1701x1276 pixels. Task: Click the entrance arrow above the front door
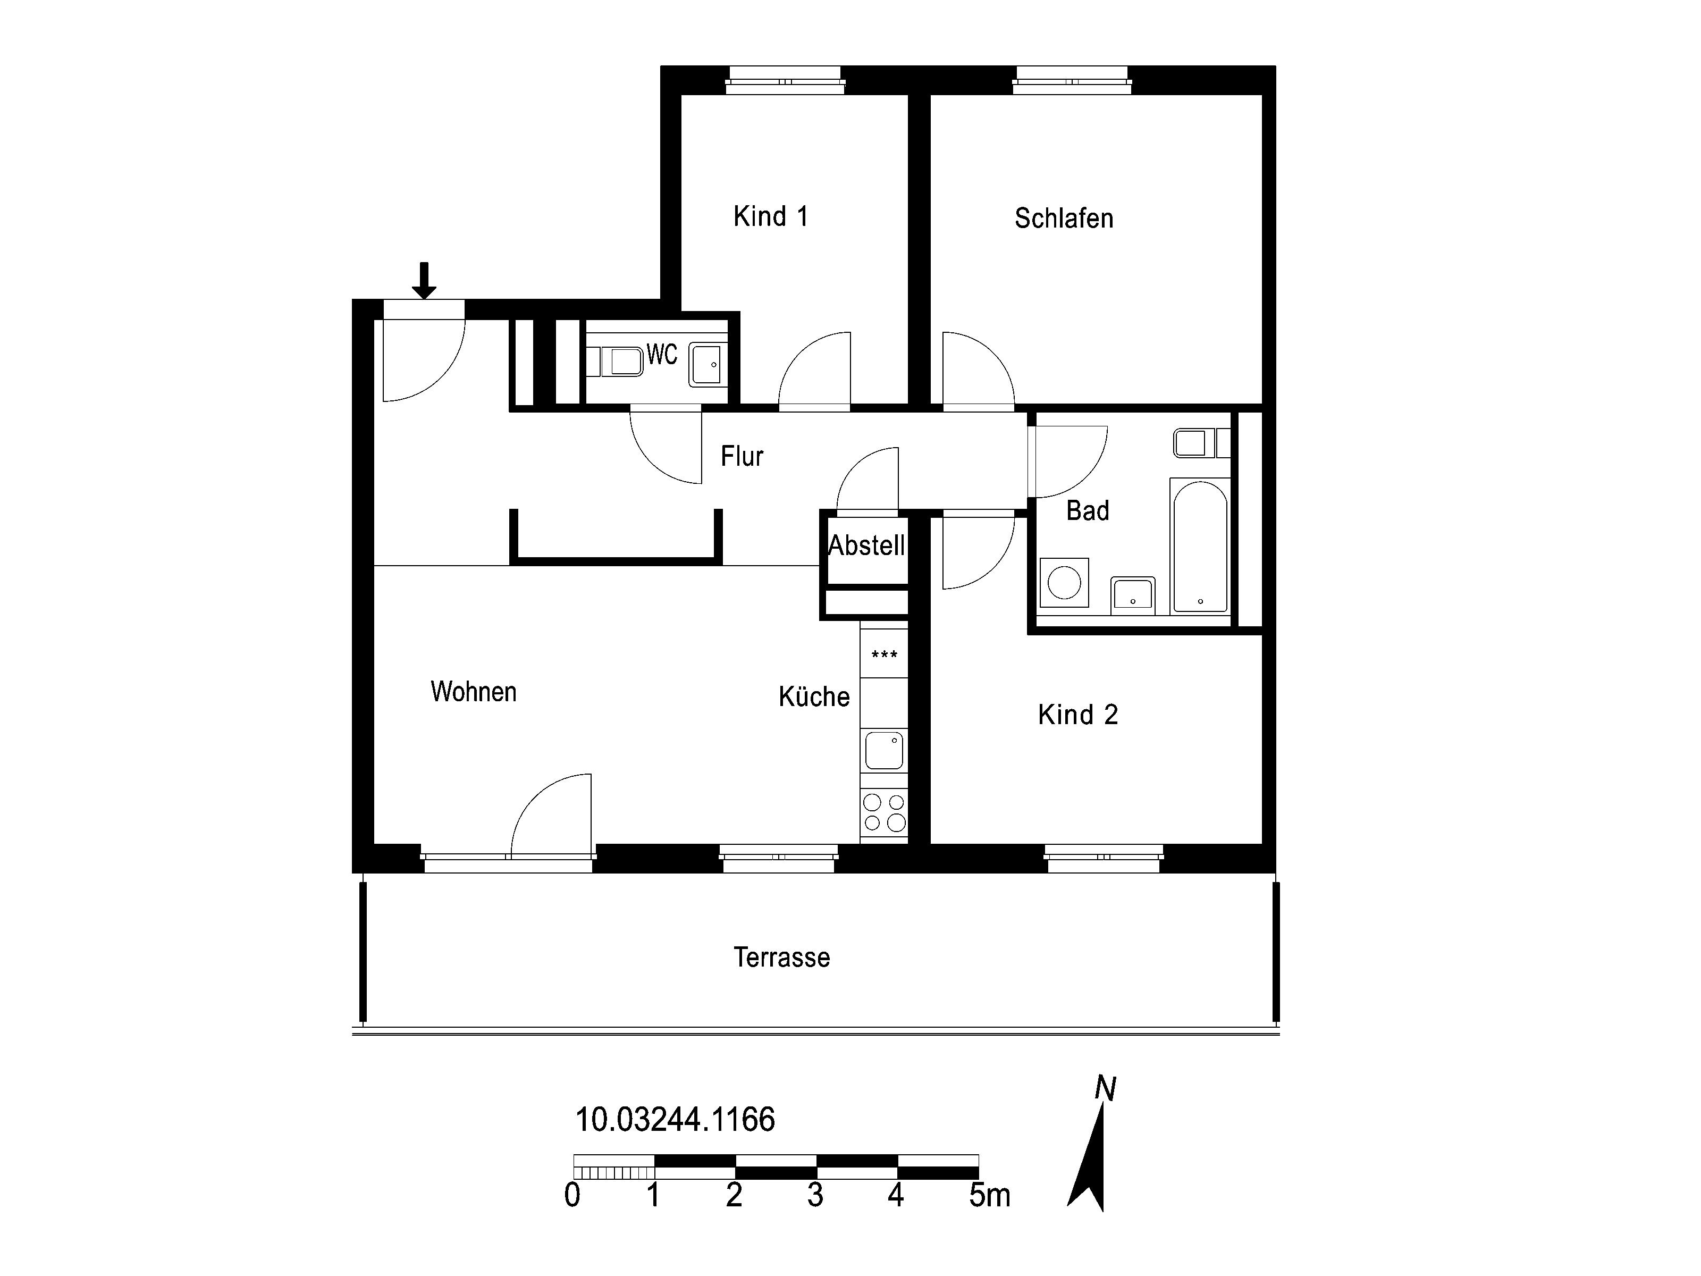click(x=424, y=281)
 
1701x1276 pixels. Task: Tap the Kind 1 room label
click(x=771, y=216)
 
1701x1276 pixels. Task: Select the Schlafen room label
click(x=1064, y=219)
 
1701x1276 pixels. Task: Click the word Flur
click(x=742, y=456)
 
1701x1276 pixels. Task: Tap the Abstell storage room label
click(x=866, y=545)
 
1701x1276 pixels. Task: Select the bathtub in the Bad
click(x=1200, y=546)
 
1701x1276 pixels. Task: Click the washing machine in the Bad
click(x=1064, y=583)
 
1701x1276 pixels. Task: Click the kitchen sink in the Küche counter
click(x=885, y=751)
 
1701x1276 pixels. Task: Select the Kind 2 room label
click(x=1077, y=715)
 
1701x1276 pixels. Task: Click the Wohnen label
click(x=474, y=692)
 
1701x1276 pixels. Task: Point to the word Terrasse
click(x=781, y=958)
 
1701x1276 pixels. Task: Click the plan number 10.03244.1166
click(x=675, y=1120)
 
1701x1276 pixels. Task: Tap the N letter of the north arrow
click(x=1105, y=1088)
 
